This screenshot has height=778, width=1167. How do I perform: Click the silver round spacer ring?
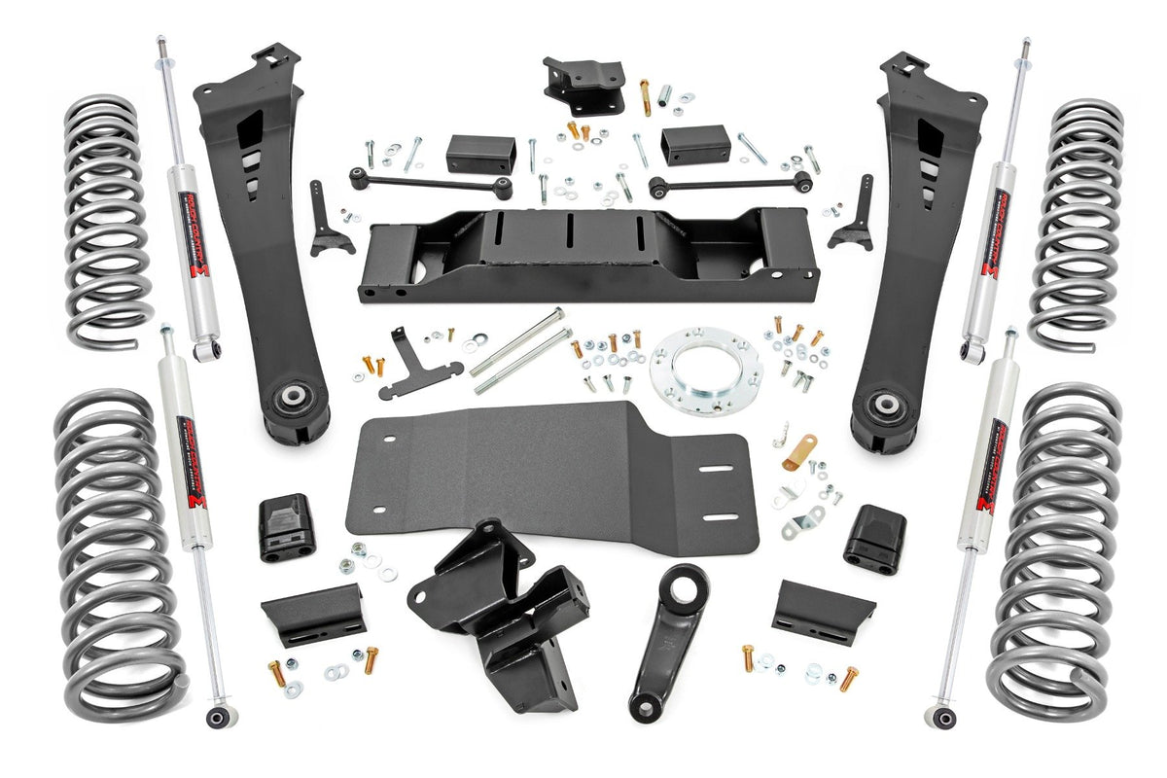click(705, 371)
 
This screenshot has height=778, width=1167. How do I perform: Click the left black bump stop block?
click(284, 526)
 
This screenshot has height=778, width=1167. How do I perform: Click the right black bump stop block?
click(874, 538)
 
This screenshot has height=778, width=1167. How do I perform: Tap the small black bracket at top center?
click(583, 83)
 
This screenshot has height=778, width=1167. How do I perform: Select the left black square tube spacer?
click(479, 153)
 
